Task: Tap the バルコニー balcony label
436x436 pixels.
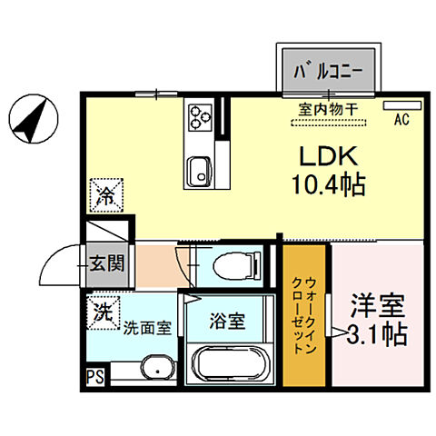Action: tap(328, 69)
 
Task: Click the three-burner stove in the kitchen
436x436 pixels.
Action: tap(200, 115)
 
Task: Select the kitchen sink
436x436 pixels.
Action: tap(199, 168)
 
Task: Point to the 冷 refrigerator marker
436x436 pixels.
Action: tap(105, 193)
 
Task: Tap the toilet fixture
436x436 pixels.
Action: tap(233, 265)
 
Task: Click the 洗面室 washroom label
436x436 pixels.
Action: tap(147, 328)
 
